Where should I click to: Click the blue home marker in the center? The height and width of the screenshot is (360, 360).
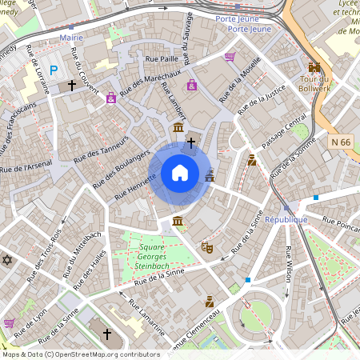[x=180, y=173]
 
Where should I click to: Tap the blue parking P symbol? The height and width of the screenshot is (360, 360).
[x=54, y=70]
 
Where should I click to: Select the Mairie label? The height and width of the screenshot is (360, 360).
[x=71, y=37]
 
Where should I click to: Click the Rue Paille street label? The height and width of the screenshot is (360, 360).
[x=161, y=58]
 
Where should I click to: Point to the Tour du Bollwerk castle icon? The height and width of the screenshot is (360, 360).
[x=314, y=67]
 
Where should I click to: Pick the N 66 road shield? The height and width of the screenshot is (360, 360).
[x=341, y=142]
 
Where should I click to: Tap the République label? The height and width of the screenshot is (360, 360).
[x=286, y=219]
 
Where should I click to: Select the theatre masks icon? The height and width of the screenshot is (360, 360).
[x=206, y=248]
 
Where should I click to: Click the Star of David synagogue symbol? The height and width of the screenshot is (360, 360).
[x=9, y=261]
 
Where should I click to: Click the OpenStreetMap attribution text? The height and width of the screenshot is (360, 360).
[x=80, y=354]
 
